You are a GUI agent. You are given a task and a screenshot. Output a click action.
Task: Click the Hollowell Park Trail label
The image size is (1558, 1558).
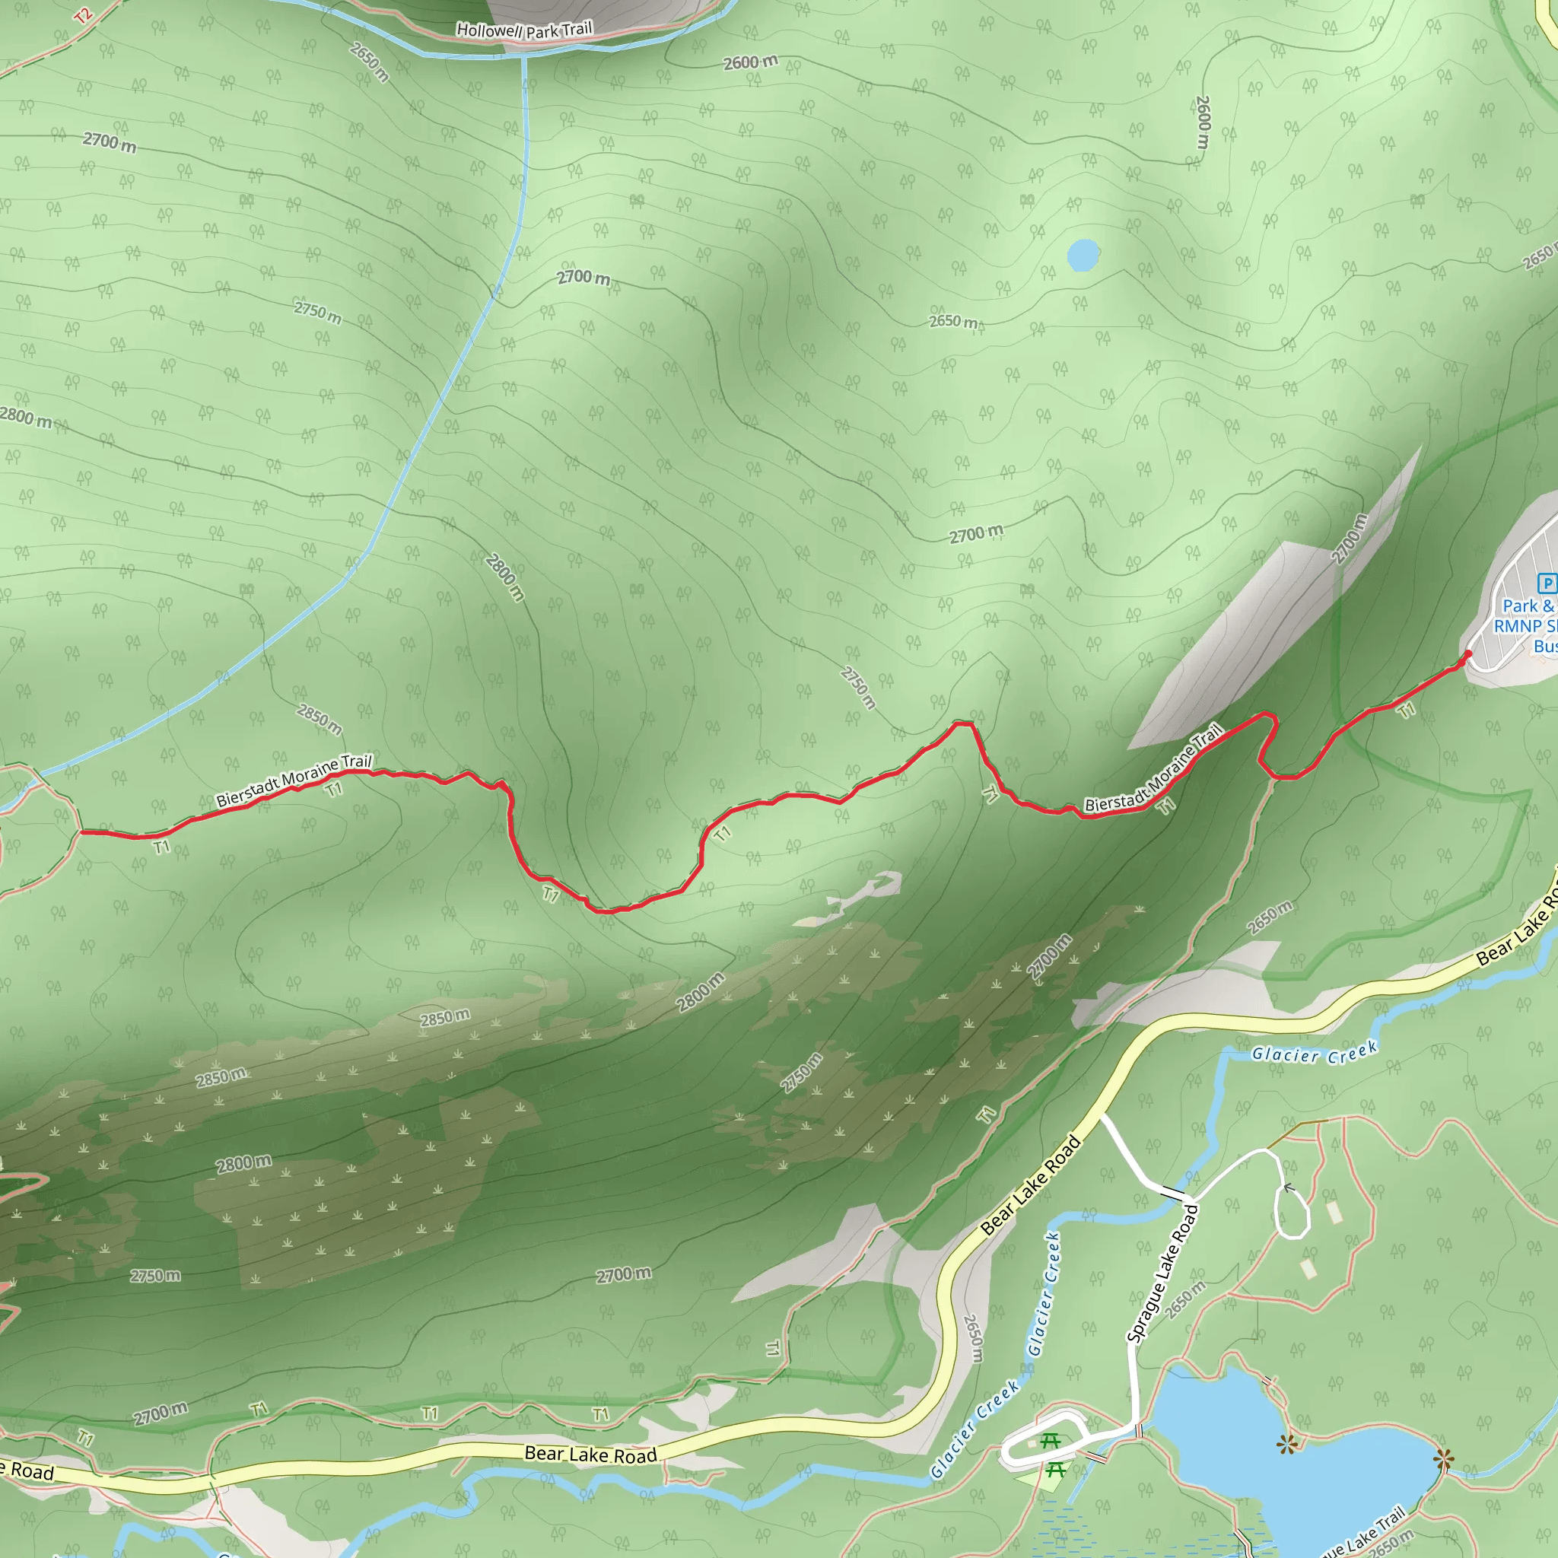tap(524, 30)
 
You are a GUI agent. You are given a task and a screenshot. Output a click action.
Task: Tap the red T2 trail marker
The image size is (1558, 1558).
tap(84, 15)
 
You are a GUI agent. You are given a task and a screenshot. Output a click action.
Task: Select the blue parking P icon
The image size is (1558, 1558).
tap(1547, 583)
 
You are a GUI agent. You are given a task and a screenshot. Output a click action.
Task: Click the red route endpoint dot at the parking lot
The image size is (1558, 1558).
tap(1467, 654)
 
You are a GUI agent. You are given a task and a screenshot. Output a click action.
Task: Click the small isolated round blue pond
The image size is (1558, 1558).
tap(1083, 255)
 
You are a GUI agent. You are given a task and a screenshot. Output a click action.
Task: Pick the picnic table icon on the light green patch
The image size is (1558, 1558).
tap(1056, 1470)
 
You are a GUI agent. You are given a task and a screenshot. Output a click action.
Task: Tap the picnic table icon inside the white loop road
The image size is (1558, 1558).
tap(1049, 1440)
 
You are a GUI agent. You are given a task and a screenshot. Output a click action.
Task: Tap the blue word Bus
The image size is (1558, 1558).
tap(1545, 647)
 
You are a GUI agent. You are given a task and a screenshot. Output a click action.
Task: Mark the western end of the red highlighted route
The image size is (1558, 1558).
tap(81, 831)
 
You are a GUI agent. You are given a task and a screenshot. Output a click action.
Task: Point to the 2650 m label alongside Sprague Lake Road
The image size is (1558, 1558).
tap(1184, 1299)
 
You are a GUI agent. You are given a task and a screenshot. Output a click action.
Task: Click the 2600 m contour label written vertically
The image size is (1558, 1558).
tap(1203, 122)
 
